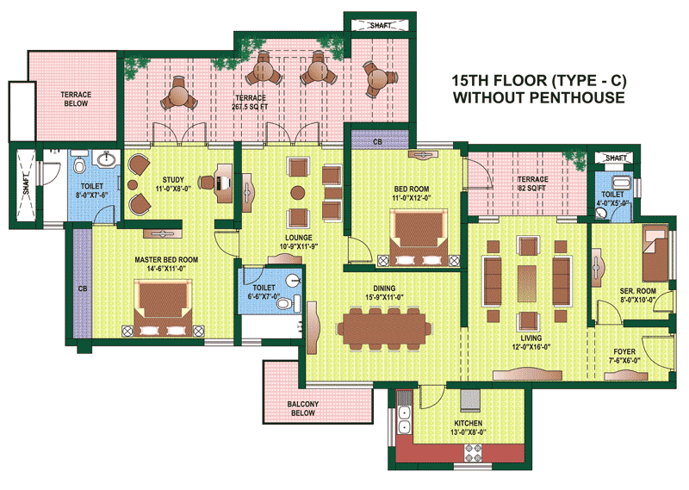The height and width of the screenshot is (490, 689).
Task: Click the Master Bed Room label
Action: point(166,260)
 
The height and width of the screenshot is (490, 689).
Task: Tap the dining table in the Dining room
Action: point(384,329)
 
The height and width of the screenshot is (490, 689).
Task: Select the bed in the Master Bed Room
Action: point(163,307)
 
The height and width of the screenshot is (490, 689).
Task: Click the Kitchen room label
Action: point(468,423)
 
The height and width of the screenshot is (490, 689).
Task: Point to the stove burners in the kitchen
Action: point(473,453)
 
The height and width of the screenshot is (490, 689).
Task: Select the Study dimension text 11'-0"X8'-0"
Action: point(173,189)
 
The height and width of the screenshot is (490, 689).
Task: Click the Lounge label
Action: point(299,238)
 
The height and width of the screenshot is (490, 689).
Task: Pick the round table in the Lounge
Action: point(297,193)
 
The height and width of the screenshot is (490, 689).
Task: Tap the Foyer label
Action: point(624,351)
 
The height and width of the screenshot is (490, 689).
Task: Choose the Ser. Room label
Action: point(637,291)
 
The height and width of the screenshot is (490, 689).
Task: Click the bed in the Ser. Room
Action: point(655,254)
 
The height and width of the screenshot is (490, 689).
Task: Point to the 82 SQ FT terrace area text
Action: point(532,188)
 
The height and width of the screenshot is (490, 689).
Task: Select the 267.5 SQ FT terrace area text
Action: point(250,107)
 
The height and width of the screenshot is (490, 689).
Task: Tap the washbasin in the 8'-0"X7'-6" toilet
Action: point(107,158)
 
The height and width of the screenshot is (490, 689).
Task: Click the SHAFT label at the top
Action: point(380,26)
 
